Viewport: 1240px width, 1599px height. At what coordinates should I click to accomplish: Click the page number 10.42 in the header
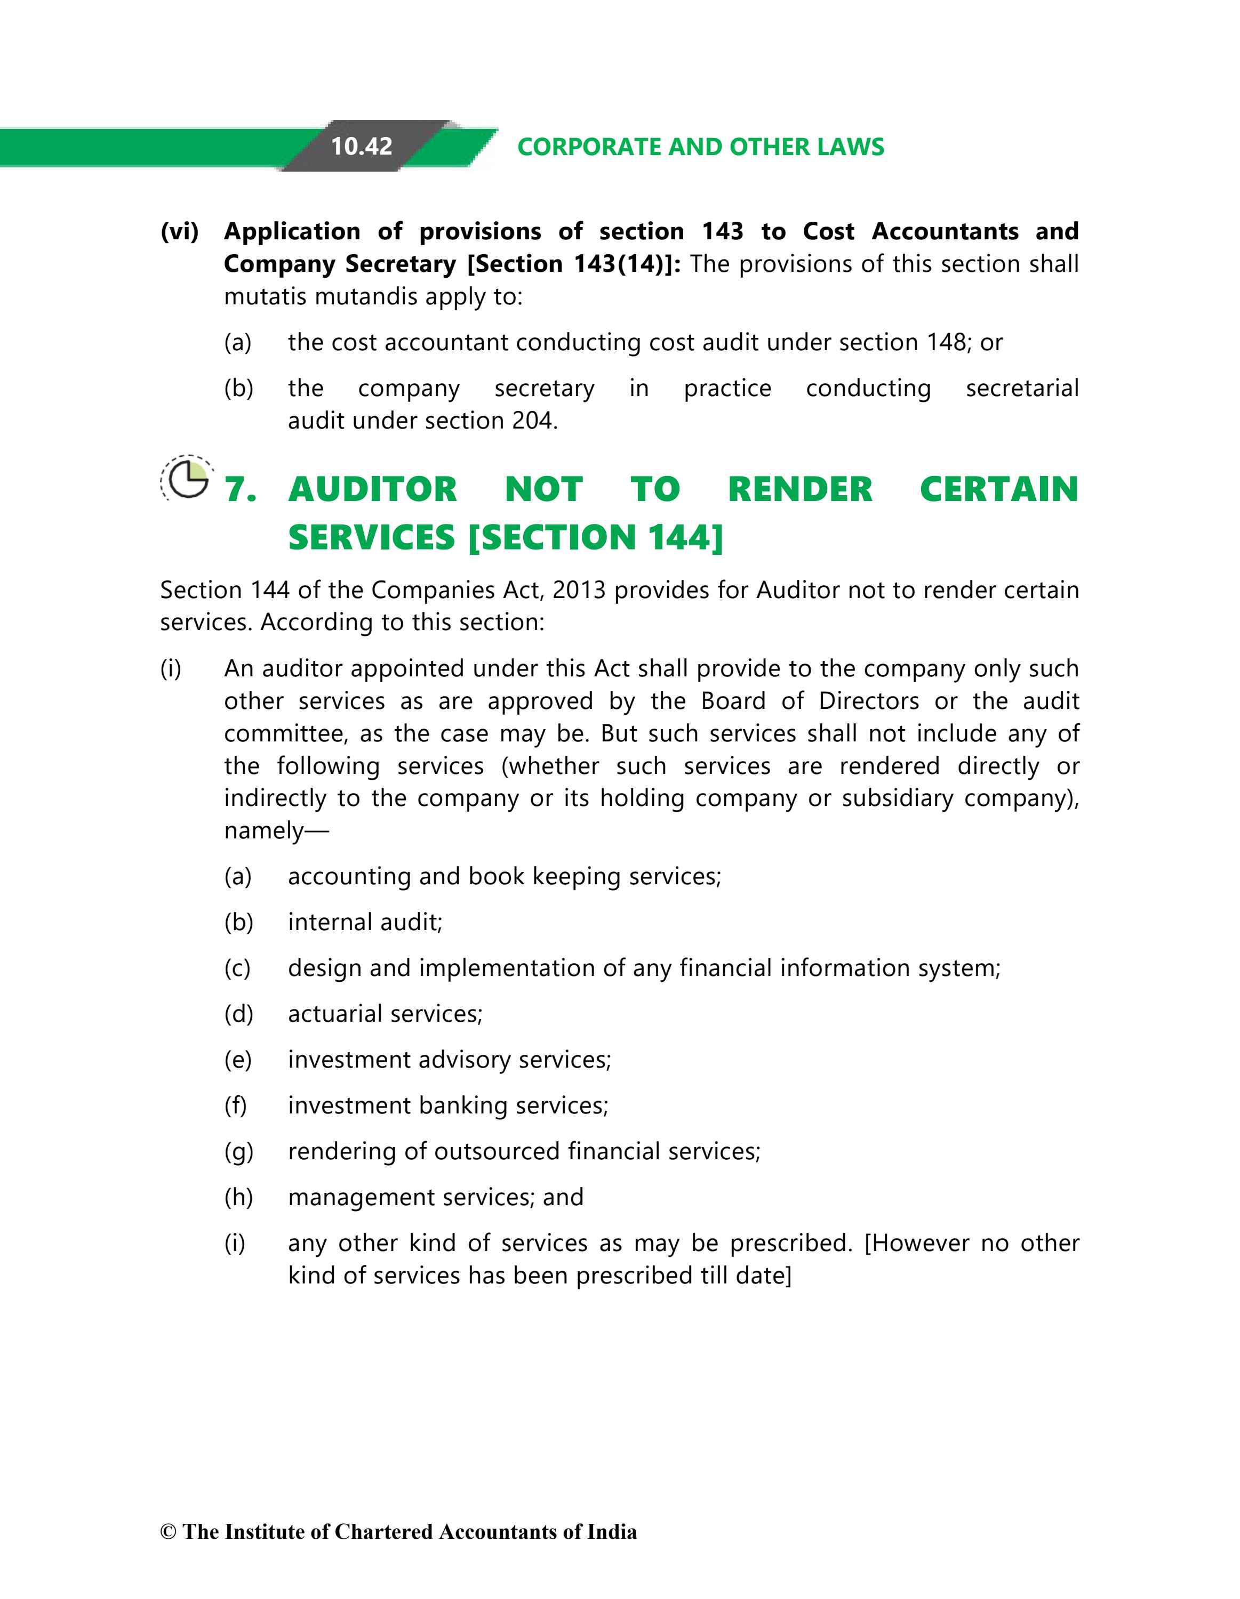point(361,147)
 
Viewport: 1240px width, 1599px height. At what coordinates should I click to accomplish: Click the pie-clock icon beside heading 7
point(188,479)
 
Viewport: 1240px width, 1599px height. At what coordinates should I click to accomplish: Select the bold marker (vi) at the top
point(179,231)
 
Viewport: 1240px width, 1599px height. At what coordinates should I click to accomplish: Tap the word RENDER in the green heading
point(800,489)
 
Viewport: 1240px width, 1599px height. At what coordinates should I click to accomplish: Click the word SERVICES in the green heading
point(371,537)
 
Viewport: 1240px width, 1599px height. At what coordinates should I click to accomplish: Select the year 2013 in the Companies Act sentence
point(579,590)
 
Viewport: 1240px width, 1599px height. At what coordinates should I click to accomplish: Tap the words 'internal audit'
point(365,923)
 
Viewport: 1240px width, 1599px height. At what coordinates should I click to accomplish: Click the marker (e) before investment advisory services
point(238,1060)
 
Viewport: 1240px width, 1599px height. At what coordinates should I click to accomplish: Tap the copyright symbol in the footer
point(169,1532)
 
